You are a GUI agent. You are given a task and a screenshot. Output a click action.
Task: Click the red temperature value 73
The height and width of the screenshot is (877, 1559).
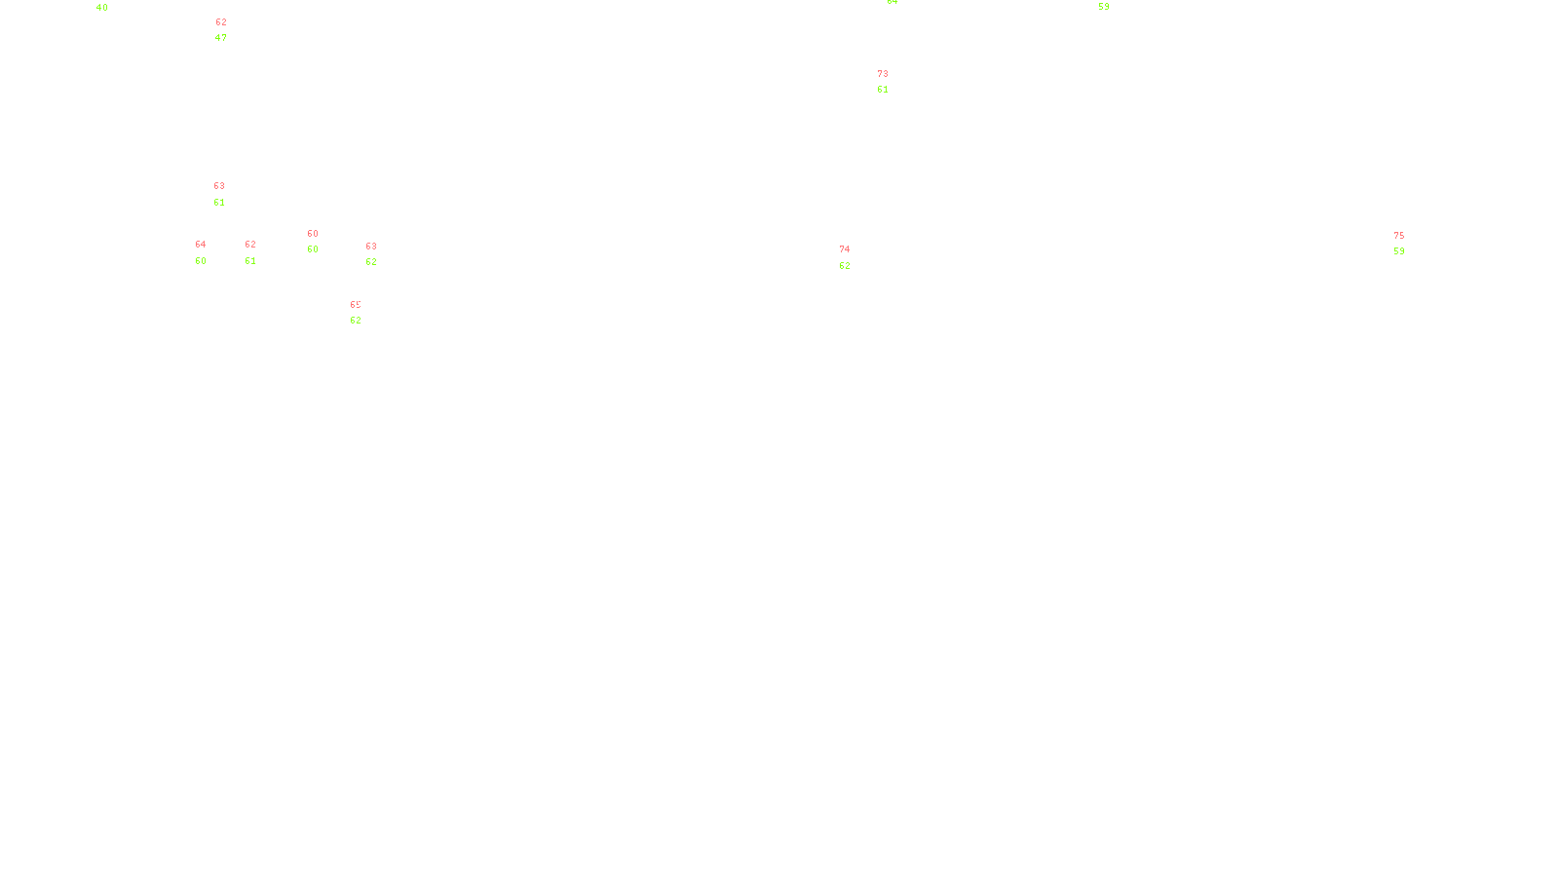pyautogui.click(x=883, y=74)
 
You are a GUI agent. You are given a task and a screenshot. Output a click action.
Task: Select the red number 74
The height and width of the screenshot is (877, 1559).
pyautogui.click(x=845, y=249)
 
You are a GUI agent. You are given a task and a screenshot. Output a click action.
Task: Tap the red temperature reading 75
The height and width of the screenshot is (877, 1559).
pyautogui.click(x=1399, y=236)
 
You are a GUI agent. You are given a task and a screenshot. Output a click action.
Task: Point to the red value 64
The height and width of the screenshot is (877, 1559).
pyautogui.click(x=201, y=245)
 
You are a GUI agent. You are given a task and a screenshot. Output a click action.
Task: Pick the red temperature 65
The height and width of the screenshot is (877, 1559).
pyautogui.click(x=356, y=305)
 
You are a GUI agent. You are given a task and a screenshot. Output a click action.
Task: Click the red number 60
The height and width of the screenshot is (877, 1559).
pyautogui.click(x=313, y=234)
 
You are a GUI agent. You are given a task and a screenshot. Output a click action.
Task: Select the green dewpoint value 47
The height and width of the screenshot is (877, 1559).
pyautogui.click(x=221, y=38)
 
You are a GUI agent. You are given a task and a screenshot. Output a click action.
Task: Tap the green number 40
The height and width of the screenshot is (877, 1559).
pyautogui.click(x=102, y=8)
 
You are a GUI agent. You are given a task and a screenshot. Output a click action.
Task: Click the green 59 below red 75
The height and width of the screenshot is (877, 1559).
pyautogui.click(x=1399, y=251)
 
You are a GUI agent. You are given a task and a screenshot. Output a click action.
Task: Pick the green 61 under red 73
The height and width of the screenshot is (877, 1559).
pyautogui.click(x=883, y=90)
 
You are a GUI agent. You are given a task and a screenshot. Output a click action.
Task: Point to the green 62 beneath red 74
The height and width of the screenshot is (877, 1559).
pyautogui.click(x=845, y=266)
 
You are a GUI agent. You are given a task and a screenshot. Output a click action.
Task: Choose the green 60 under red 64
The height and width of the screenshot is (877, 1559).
pyautogui.click(x=201, y=261)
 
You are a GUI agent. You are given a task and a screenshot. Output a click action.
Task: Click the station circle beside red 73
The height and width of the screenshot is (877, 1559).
pyautogui.click(x=892, y=83)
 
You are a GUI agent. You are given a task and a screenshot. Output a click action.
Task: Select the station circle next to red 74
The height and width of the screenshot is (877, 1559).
pyautogui.click(x=855, y=257)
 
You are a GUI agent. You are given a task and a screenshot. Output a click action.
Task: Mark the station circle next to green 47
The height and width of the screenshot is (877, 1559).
pyautogui.click(x=231, y=31)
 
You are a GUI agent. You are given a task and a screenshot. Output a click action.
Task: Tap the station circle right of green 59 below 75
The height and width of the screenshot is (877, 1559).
pyautogui.click(x=1408, y=244)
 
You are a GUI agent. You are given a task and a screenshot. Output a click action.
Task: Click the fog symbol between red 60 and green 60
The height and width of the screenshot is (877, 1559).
pyautogui.click(x=313, y=242)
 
